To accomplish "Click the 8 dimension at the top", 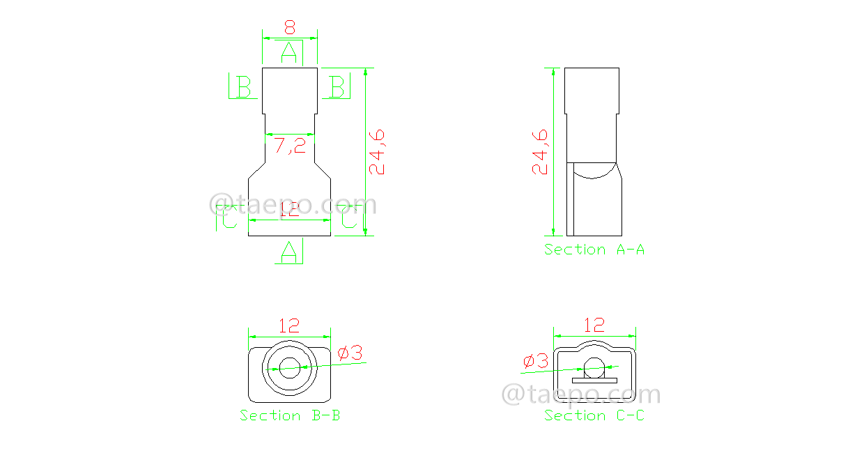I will tap(290, 28).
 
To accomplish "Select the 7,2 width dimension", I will tap(290, 146).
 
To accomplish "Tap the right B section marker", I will tap(337, 87).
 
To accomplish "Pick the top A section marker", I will tap(290, 52).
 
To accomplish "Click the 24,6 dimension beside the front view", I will tap(377, 151).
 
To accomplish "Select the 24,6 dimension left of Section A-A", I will tap(540, 151).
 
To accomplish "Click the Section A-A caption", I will tap(594, 250).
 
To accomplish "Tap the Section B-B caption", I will tap(291, 415).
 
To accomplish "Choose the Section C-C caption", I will tap(594, 415).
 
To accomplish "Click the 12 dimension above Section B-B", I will tap(289, 325).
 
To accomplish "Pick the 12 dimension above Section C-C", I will tap(594, 325).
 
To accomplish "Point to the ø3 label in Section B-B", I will tap(350, 353).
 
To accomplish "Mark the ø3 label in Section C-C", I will tap(536, 361).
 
